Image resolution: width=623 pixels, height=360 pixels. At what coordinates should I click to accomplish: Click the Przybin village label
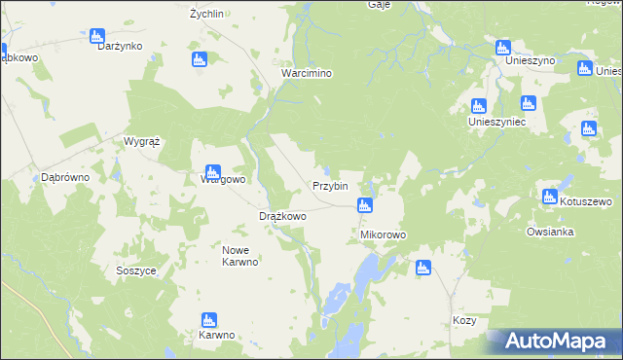point(330,186)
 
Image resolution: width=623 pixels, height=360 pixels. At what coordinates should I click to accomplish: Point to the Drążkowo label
point(282,216)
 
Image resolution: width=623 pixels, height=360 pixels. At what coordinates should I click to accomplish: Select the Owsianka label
point(550,233)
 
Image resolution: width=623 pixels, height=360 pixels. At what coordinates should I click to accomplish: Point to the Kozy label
point(464,320)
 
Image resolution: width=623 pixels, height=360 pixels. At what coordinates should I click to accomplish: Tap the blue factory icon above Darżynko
point(96,37)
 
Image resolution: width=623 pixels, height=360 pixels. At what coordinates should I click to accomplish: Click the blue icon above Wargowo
point(213,172)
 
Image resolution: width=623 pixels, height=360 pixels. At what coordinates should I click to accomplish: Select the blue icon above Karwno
point(208,320)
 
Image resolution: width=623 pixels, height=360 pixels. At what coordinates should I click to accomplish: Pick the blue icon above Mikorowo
point(364,204)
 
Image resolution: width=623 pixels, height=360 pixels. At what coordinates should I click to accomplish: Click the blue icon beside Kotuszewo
point(551,197)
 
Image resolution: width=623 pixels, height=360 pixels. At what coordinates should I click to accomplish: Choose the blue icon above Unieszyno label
point(503,47)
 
